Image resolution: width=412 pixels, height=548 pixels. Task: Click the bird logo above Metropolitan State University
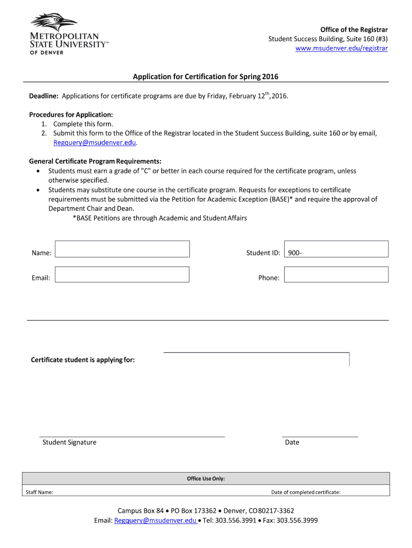pos(54,21)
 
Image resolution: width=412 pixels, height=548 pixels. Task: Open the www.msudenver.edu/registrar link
pos(342,48)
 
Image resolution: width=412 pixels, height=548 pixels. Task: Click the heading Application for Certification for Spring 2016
pos(205,77)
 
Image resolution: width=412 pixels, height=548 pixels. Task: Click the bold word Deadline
pos(43,96)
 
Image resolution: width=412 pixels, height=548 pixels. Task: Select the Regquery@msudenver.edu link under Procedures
pos(95,143)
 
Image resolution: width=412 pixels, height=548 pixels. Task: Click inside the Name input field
pos(123,249)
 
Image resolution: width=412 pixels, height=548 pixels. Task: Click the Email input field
pos(123,275)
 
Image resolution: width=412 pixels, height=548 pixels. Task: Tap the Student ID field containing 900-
pos(336,249)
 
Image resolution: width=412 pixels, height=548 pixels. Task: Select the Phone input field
pos(336,275)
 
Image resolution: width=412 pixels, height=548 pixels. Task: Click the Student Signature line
pos(132,436)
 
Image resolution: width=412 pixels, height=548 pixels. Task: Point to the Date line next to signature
pos(319,436)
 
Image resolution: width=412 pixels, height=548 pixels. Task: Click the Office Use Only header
pos(205,478)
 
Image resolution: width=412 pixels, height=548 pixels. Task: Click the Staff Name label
pos(40,492)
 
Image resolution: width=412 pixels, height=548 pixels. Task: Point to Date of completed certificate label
pos(306,492)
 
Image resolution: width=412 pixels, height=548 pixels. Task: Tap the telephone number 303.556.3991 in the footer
pos(235,520)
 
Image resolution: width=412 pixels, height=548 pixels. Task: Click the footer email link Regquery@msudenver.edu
pos(155,520)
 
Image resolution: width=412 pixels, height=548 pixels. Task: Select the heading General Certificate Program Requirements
pos(95,161)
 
